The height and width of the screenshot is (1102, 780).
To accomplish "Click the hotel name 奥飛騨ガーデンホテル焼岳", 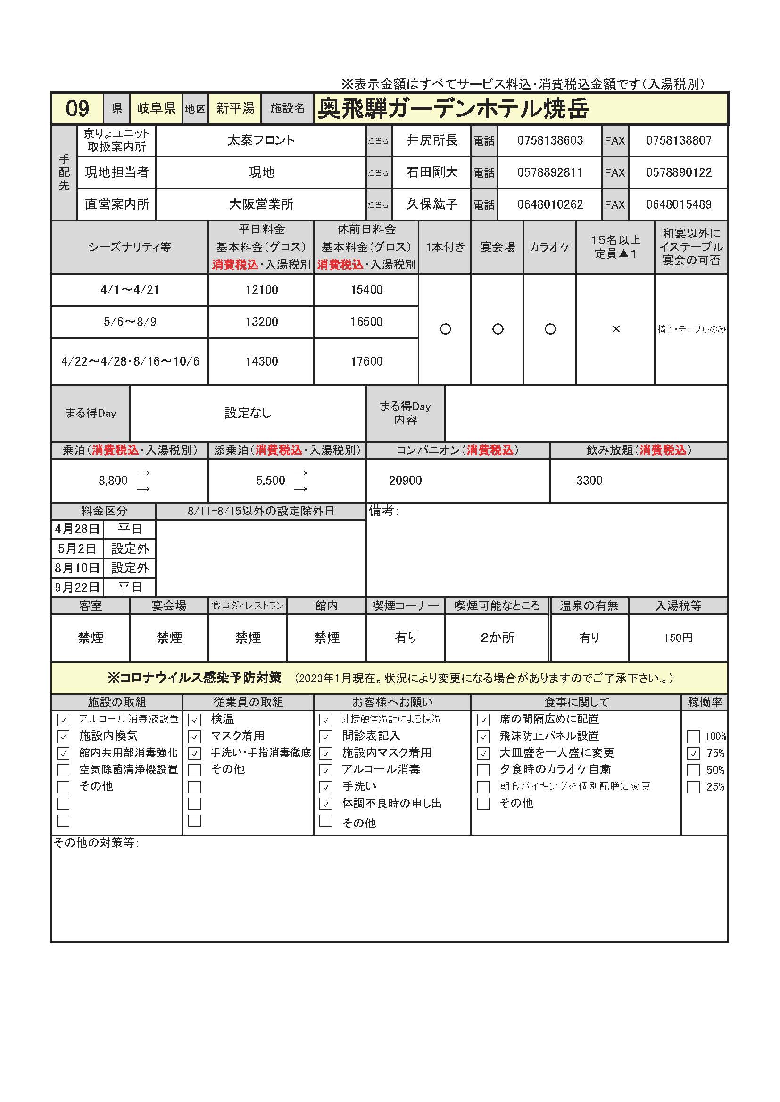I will click(453, 108).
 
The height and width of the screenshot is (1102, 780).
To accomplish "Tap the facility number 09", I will click(77, 108).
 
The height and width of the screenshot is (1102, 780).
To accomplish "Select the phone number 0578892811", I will click(549, 172).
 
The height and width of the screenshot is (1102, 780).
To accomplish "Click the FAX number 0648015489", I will click(678, 204).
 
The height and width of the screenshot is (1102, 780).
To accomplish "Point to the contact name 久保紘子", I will click(432, 204).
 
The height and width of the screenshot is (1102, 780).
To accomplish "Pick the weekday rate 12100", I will click(261, 290).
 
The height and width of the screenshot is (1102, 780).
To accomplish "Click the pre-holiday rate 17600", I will click(366, 361).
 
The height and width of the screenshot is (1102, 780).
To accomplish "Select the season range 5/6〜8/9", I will click(130, 322).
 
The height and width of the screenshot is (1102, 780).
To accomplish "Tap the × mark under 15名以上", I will click(616, 329).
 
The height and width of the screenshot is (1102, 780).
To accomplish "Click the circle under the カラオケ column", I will click(550, 329).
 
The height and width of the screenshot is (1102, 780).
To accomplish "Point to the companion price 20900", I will click(406, 481).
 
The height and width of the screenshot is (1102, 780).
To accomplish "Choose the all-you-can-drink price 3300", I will click(589, 481).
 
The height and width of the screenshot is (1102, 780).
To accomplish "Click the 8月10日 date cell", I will click(77, 568).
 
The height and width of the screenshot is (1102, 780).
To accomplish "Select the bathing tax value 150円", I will click(678, 638).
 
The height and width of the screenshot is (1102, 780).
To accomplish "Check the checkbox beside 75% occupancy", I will click(693, 753).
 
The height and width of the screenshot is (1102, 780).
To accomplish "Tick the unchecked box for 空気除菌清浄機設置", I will click(63, 770).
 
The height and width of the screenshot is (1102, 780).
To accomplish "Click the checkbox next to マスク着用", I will click(194, 737).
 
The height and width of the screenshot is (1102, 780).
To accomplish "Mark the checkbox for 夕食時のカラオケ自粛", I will click(483, 770).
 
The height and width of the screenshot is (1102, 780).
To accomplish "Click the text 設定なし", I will click(248, 413).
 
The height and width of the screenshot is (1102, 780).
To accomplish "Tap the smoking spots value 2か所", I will click(497, 638).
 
